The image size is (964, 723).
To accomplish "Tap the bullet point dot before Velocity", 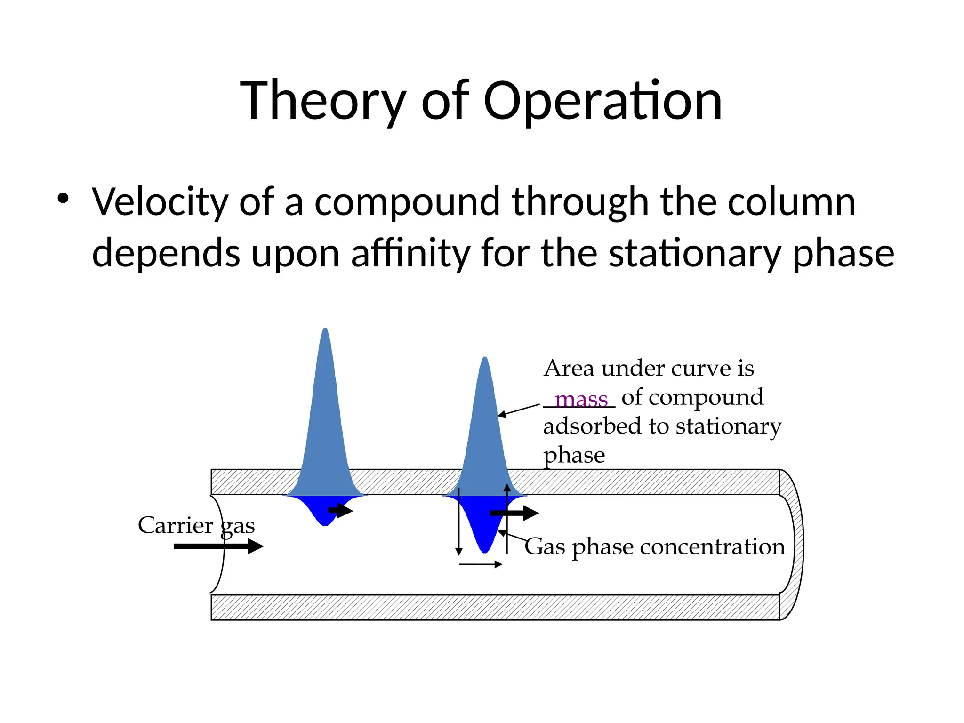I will point(63,198).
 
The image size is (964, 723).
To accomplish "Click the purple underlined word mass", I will point(581,399).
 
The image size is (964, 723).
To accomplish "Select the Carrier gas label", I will point(196,525).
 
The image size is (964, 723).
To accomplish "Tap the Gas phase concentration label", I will point(655,547).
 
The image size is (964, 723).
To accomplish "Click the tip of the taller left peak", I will point(325,330).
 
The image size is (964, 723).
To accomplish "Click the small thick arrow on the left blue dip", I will point(340,510).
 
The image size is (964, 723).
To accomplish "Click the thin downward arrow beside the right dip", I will point(459,522).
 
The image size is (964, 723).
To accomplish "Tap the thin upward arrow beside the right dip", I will point(507,518).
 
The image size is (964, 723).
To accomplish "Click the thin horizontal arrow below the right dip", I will point(480,564).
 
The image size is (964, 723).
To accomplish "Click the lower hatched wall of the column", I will point(494,607).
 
